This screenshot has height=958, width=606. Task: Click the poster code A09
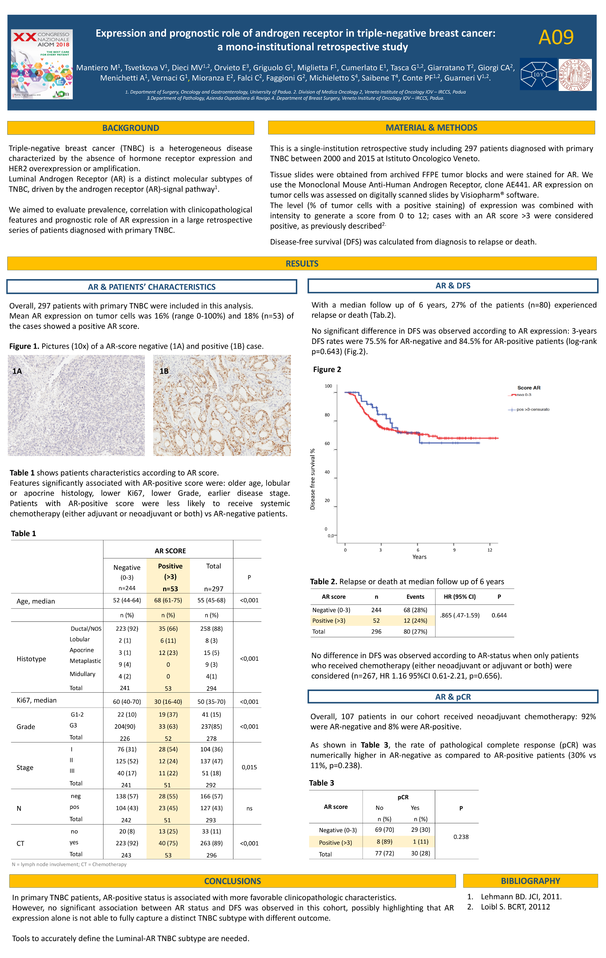pos(556,38)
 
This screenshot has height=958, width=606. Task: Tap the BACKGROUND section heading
pos(131,128)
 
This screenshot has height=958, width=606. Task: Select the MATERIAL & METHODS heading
pos(431,128)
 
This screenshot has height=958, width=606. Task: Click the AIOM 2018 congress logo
pos(42,64)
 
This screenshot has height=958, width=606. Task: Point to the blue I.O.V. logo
pos(538,74)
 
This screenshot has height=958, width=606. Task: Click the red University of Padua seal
pos(575,75)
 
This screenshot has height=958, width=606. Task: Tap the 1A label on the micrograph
pos(17,371)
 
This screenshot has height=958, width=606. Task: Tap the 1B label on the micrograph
pos(164,371)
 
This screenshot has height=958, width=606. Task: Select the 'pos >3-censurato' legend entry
pos(532,409)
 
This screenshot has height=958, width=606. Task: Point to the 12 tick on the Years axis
pos(489,550)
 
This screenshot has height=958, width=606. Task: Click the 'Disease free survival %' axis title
pos(312,479)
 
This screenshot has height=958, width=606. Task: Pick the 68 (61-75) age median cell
pos(168,600)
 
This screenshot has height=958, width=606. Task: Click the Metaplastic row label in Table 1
pos(85,661)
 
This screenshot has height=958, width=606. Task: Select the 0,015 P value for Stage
pos(249,767)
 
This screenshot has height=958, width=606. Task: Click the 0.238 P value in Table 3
pos(461,837)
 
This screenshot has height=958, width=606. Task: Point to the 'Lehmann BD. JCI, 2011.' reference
pos(521,897)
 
